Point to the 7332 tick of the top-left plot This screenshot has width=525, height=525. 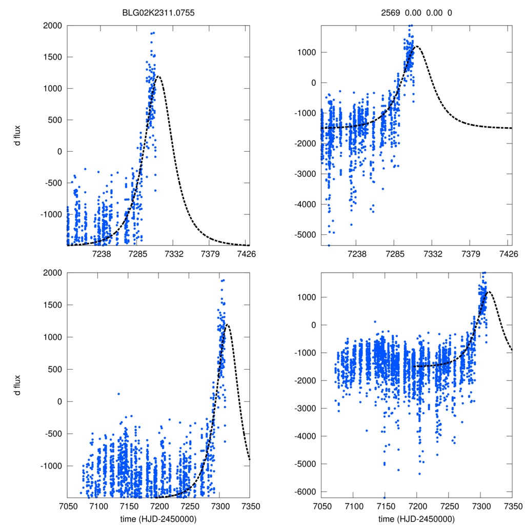(173, 254)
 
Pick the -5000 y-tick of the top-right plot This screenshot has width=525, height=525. (305, 235)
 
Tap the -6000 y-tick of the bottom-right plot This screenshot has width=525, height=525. (305, 492)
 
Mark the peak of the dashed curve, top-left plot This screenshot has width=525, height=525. (159, 77)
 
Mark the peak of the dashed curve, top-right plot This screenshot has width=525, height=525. (416, 46)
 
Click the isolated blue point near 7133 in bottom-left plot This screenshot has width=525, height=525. (118, 394)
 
